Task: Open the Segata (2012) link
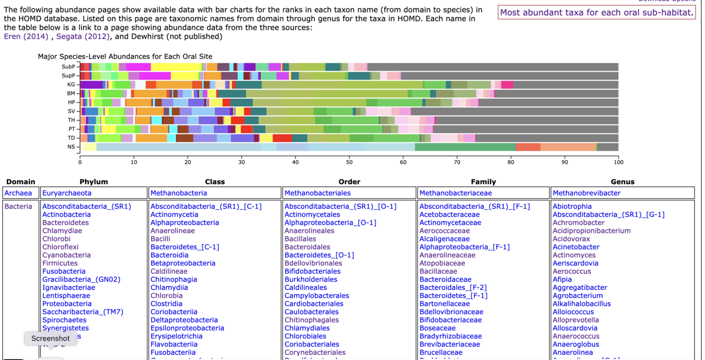tap(83, 36)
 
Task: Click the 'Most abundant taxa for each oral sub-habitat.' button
tap(597, 13)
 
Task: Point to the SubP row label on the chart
tap(69, 67)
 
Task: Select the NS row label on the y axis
tap(71, 147)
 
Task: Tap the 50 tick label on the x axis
tap(349, 162)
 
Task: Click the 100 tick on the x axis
tap(618, 162)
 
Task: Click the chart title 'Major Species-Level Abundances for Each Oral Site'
tap(125, 57)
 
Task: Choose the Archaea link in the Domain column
tap(18, 193)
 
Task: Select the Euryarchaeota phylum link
tap(67, 193)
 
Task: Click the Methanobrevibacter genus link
tap(586, 193)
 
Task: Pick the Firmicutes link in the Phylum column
tap(60, 263)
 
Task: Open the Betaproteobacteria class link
tap(183, 263)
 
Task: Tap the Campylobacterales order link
tap(316, 296)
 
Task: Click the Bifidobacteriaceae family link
tap(450, 320)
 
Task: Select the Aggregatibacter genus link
tap(579, 287)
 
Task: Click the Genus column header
tap(622, 182)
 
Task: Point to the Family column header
tap(483, 182)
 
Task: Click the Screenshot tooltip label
tap(50, 339)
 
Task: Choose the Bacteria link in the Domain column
tap(18, 207)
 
